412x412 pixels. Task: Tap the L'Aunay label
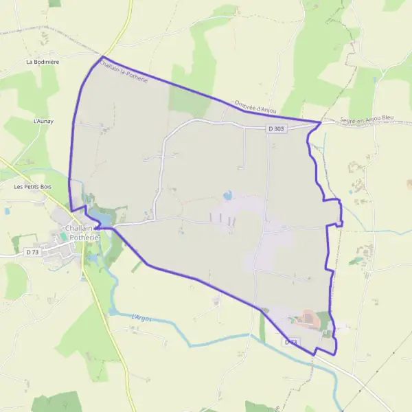[43, 121]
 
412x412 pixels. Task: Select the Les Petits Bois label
[33, 186]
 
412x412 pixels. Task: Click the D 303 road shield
[276, 129]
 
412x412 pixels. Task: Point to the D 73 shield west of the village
[32, 253]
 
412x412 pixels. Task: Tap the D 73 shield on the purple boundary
[291, 341]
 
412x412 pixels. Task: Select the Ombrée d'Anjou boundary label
[255, 110]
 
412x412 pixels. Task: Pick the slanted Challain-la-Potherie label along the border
[124, 73]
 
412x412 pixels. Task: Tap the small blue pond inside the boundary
[227, 195]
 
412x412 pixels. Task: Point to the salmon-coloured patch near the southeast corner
[308, 318]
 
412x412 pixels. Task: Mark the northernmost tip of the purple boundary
[102, 56]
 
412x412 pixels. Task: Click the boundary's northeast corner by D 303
[321, 122]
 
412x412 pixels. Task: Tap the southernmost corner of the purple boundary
[335, 354]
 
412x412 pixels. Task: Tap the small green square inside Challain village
[64, 236]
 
